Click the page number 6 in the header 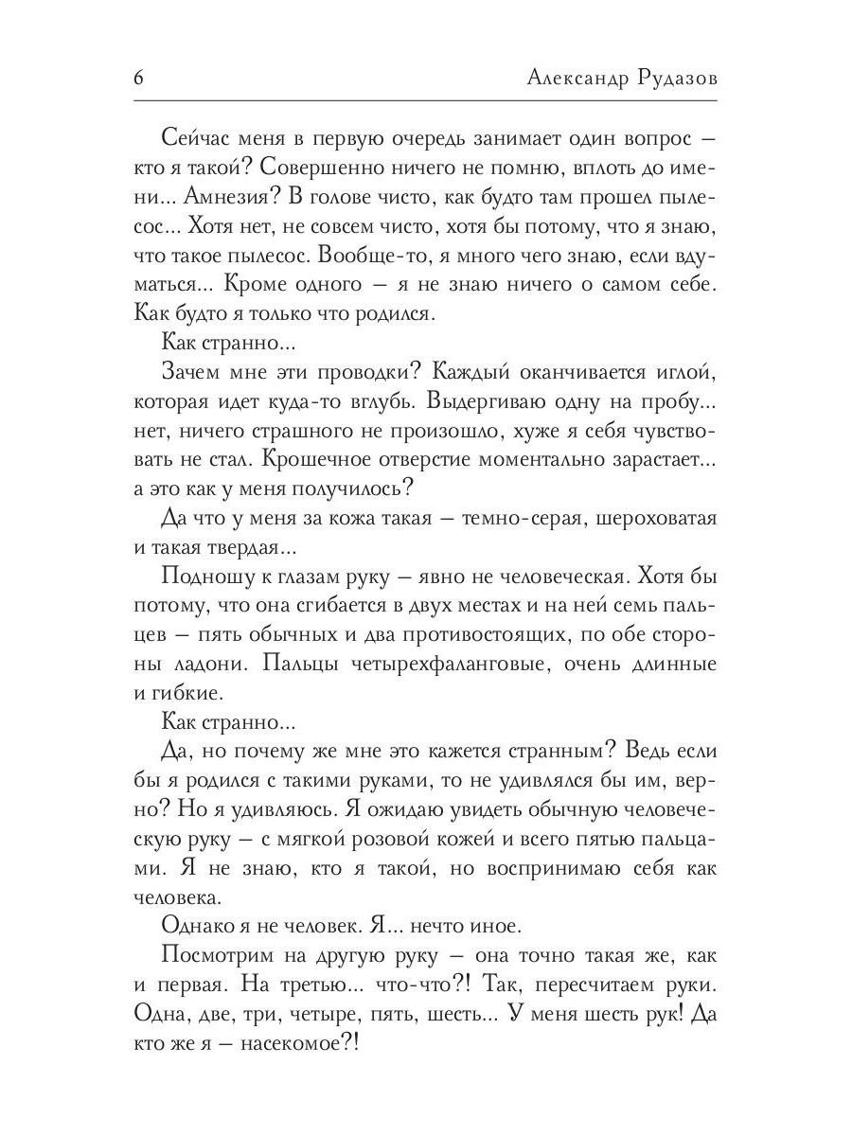tap(138, 79)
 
